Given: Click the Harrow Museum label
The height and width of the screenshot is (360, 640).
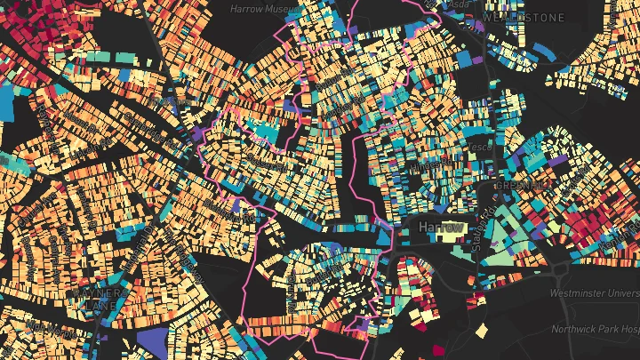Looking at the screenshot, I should pyautogui.click(x=262, y=8).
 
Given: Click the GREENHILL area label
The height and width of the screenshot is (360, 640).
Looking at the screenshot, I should pyautogui.click(x=522, y=186).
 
